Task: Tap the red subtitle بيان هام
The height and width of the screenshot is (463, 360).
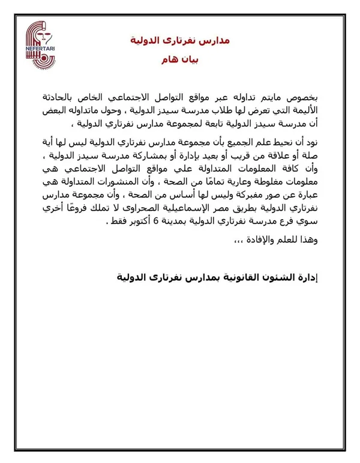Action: click(x=180, y=61)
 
